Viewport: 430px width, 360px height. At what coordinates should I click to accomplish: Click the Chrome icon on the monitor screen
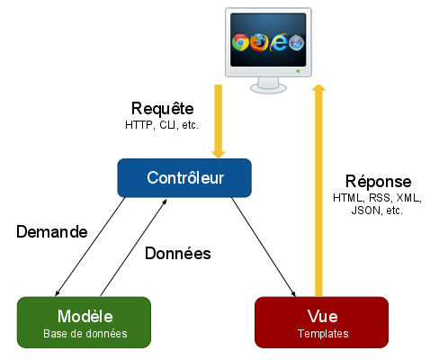240,42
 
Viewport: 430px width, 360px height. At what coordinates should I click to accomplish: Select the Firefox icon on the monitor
260,42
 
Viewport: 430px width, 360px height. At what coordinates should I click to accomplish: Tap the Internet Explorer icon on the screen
280,42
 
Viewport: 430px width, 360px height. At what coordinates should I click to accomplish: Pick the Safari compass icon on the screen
297,42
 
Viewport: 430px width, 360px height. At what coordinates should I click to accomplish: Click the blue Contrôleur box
184,177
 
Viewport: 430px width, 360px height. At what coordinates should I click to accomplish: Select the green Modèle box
85,322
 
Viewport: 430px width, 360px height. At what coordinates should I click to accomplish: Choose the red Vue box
321,322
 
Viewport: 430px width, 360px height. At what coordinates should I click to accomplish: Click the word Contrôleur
184,177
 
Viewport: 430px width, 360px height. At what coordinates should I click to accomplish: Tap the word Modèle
85,316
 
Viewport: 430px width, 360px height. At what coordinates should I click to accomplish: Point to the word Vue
321,316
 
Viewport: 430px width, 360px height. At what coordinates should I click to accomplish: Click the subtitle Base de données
85,334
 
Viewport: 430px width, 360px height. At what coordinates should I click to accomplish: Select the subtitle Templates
321,334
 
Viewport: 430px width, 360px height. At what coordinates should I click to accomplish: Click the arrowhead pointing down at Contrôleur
218,153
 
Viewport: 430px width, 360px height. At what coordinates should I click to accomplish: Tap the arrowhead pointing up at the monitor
318,88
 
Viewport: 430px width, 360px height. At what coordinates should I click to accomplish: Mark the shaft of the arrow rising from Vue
318,198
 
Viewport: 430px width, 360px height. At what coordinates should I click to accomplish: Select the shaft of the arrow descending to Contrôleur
218,117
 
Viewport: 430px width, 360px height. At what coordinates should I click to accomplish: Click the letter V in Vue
311,316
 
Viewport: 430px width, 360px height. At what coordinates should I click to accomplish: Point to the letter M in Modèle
65,316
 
